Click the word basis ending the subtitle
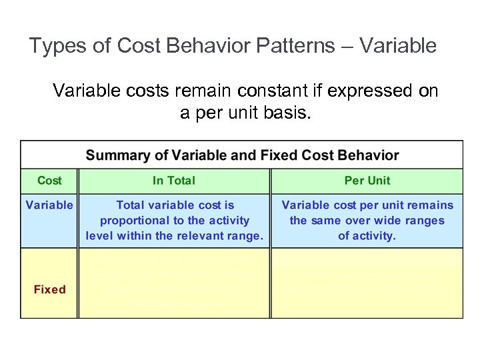288,113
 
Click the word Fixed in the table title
279,155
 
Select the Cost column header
49,181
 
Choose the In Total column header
174,181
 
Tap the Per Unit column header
367,181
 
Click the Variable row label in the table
49,205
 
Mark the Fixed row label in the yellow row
49,289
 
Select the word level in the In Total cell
99,235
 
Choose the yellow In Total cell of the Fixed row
174,283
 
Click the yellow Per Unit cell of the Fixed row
367,283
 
